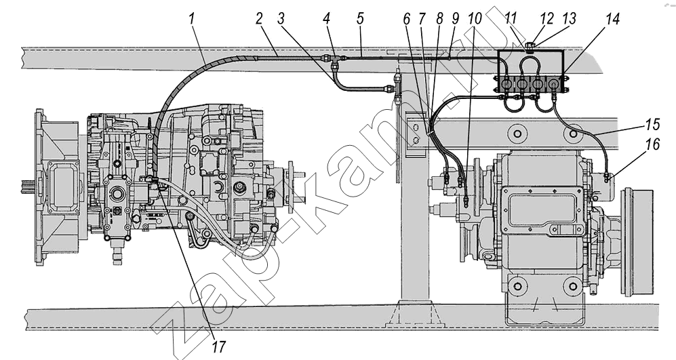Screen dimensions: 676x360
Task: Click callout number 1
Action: tap(192, 18)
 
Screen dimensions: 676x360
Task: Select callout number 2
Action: tap(259, 18)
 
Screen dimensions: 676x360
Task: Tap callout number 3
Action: tap(281, 18)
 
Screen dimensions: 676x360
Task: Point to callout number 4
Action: tap(326, 18)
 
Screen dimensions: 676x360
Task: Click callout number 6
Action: tap(407, 18)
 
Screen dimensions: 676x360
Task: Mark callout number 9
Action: tap(455, 18)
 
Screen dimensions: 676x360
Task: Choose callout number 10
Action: tap(474, 18)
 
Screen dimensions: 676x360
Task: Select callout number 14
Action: tap(612, 20)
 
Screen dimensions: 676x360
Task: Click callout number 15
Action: tap(653, 125)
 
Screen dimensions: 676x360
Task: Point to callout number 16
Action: tap(653, 144)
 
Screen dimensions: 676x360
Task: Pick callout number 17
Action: tap(218, 346)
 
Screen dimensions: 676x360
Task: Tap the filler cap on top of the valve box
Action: tap(530, 45)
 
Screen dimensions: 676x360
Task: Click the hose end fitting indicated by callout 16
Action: tap(607, 178)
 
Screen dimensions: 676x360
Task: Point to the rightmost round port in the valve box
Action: tap(553, 82)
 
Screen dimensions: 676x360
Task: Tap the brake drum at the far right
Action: tap(637, 242)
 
